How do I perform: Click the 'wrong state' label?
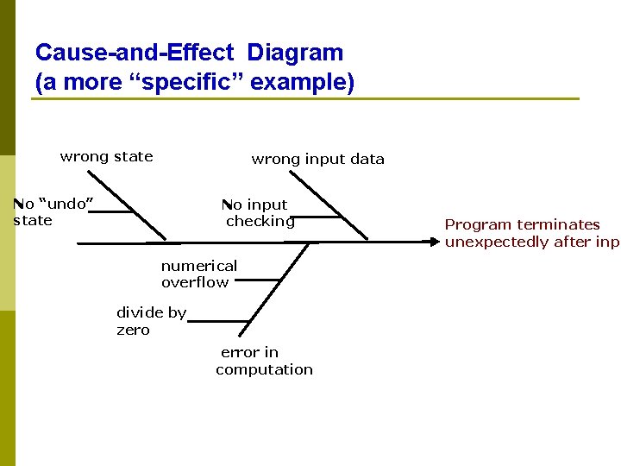[x=106, y=156]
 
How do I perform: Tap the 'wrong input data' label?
[x=317, y=159]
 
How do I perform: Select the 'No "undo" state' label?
[x=53, y=212]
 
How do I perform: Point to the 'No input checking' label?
[x=257, y=213]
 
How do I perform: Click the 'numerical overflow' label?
[x=198, y=274]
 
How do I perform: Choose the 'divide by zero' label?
[x=151, y=321]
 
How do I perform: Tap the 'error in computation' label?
[x=264, y=361]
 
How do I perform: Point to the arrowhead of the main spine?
[x=436, y=242]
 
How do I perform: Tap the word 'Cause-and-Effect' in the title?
[x=135, y=53]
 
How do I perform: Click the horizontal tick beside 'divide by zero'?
[x=216, y=321]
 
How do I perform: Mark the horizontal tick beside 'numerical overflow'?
[x=259, y=280]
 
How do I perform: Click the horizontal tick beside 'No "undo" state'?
[x=114, y=210]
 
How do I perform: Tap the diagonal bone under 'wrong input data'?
[x=329, y=205]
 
